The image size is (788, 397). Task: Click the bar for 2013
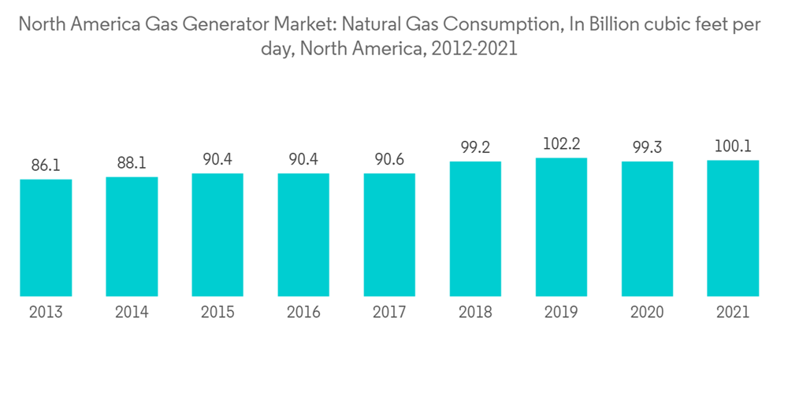coord(46,238)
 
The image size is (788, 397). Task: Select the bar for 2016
coord(303,235)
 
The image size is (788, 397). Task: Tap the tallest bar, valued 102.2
coord(561,227)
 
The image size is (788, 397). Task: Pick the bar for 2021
coord(733,228)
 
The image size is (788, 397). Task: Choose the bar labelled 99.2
coord(475,229)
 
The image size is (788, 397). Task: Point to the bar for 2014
coord(132,236)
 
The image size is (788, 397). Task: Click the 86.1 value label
coord(46,166)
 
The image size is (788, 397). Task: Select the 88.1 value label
coord(132,164)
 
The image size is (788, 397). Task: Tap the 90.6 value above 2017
coord(389,160)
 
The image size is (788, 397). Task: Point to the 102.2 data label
coord(561,144)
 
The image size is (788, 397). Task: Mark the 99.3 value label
coord(647,148)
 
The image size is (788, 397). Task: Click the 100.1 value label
coord(733,147)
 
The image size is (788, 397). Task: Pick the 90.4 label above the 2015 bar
coord(217,160)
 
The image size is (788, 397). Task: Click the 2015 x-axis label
coord(217,313)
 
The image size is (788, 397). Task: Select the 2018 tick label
coord(475,313)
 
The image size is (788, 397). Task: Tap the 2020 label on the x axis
coord(647,313)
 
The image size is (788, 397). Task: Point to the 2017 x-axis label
coord(389,313)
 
